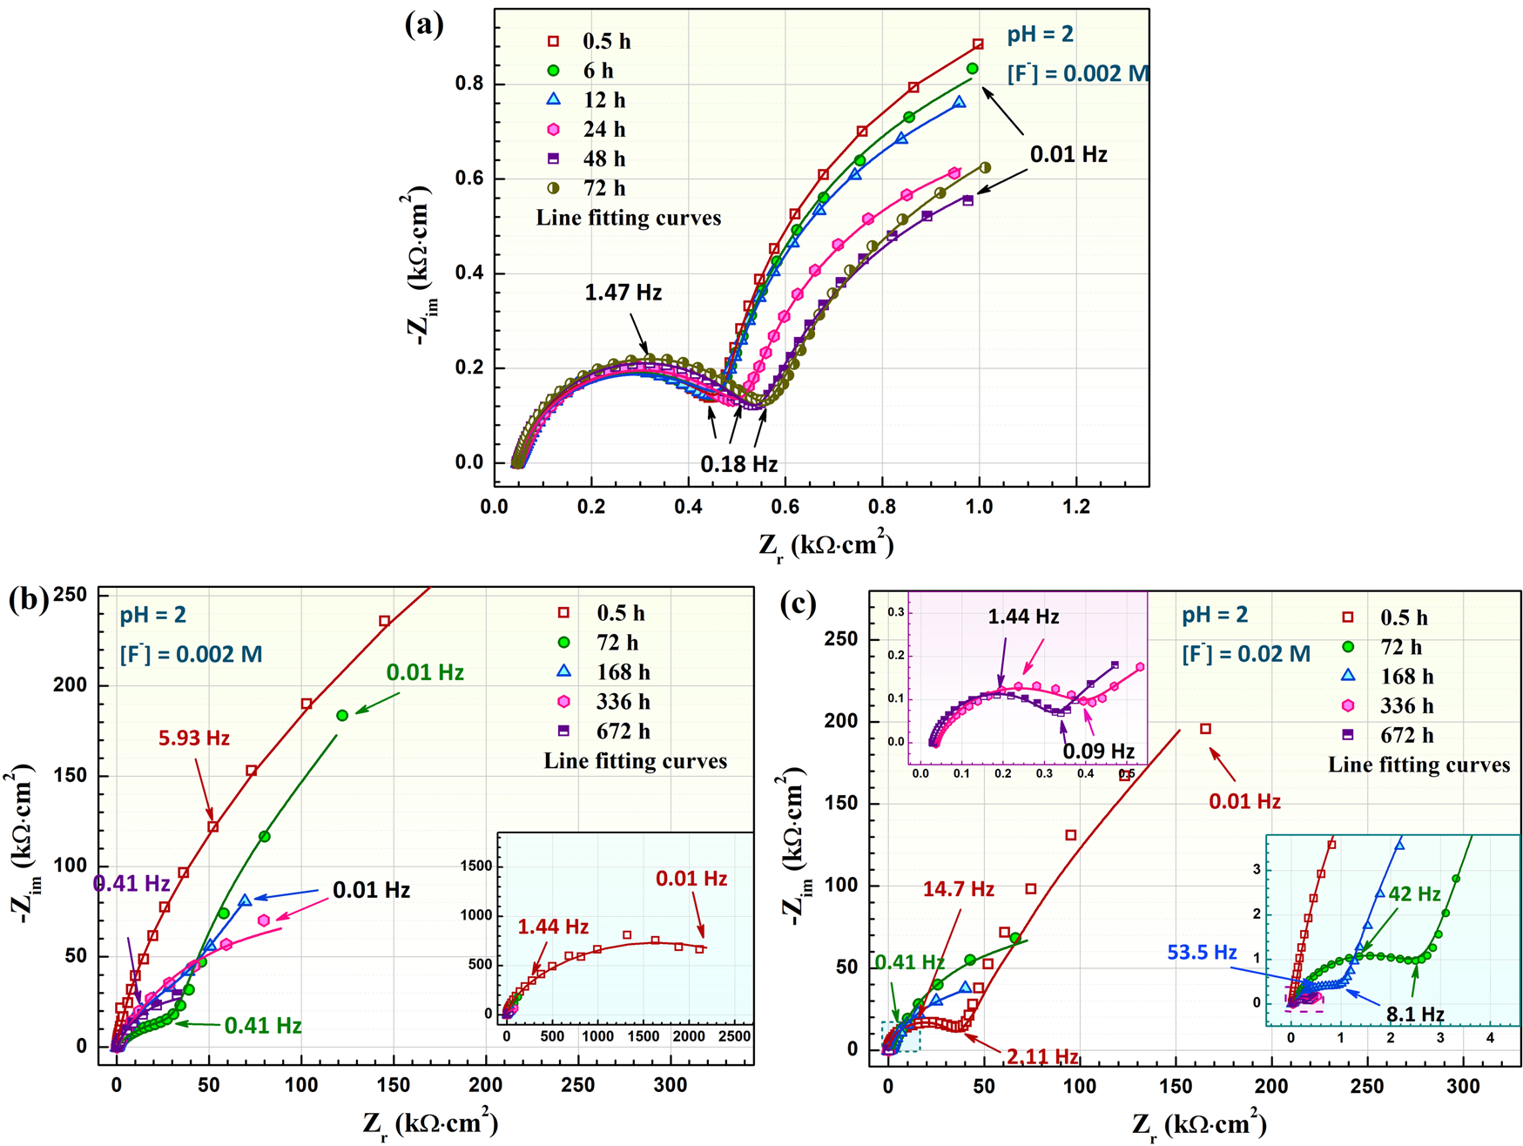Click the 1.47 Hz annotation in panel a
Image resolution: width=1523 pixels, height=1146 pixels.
click(623, 292)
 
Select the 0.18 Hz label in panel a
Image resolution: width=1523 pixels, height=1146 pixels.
click(738, 464)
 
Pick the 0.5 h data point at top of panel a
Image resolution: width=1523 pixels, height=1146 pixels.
click(978, 44)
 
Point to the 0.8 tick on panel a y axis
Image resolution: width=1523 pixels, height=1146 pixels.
click(469, 84)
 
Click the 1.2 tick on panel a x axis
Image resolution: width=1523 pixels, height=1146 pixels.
click(1076, 507)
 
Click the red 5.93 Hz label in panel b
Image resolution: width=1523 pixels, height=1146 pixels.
click(193, 738)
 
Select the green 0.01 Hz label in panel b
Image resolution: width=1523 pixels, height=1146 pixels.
click(425, 672)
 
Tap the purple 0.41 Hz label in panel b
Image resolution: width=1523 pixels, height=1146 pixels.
click(131, 883)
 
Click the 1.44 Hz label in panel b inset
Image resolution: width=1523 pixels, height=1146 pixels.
click(553, 927)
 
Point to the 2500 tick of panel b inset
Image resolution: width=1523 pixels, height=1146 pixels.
click(734, 1036)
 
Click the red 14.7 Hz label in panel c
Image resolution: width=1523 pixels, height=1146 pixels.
click(959, 889)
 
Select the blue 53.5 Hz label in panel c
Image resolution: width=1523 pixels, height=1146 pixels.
click(1202, 953)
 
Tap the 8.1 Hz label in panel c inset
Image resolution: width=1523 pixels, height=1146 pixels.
click(1415, 1014)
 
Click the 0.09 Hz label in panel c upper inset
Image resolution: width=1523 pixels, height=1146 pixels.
click(1098, 751)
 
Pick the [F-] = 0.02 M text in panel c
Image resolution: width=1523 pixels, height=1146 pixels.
click(1245, 653)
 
